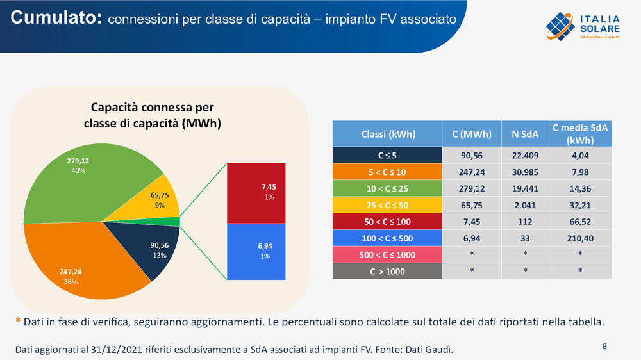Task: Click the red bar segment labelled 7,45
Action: (256, 192)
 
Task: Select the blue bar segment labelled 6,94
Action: (256, 251)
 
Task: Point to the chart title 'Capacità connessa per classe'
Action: (153, 115)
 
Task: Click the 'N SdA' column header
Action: (524, 134)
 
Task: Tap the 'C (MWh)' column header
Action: (471, 134)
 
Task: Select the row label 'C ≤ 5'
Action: (387, 155)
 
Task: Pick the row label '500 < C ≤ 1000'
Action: (387, 254)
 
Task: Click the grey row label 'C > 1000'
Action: (387, 271)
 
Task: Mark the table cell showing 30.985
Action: (524, 172)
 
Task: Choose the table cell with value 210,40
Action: (579, 238)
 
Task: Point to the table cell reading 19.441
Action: (524, 188)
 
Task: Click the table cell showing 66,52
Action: (579, 221)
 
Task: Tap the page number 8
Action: (604, 347)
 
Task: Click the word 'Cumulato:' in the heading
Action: (56, 18)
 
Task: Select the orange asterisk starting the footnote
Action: (18, 322)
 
